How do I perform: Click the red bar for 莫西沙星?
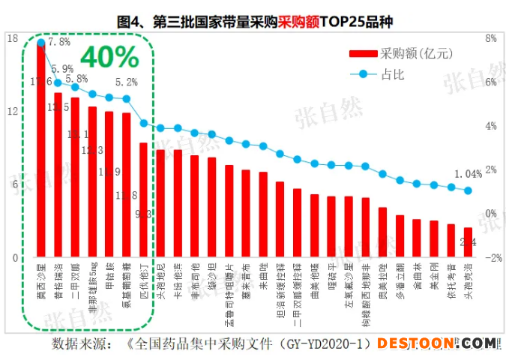pyautogui.click(x=41, y=150)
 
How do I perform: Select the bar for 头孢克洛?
pyautogui.click(x=468, y=242)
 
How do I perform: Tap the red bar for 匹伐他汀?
pyautogui.click(x=143, y=199)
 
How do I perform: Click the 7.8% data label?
pyautogui.click(x=59, y=42)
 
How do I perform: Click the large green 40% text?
pyautogui.click(x=109, y=56)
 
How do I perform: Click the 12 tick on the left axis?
pyautogui.click(x=13, y=111)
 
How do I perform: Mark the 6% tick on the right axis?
pyautogui.click(x=491, y=82)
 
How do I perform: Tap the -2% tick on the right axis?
pyautogui.click(x=493, y=257)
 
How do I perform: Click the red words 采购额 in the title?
pyautogui.click(x=298, y=22)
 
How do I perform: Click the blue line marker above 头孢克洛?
pyautogui.click(x=469, y=190)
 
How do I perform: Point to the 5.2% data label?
pyautogui.click(x=127, y=82)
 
